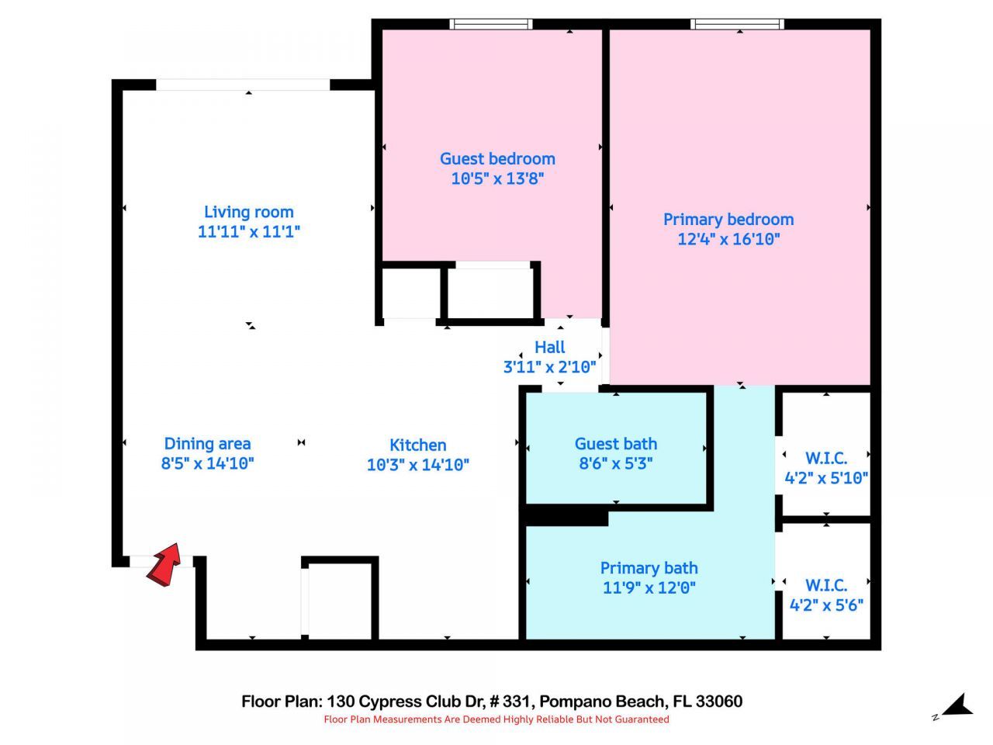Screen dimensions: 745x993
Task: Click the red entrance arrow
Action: (164, 565)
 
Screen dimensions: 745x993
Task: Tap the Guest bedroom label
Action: (497, 158)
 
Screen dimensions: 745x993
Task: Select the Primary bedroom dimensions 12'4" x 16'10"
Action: (728, 239)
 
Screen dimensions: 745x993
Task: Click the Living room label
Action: (248, 212)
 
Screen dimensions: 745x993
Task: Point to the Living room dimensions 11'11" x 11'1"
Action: (248, 231)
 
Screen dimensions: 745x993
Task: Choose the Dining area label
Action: (207, 444)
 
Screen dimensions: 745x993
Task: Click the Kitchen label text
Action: (417, 445)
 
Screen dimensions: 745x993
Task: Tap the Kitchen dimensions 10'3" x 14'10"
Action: (417, 465)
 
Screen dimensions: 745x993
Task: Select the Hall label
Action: (549, 347)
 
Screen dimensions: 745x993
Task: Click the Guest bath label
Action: (615, 444)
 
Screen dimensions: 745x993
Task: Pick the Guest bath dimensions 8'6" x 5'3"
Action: (615, 463)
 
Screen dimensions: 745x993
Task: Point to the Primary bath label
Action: (649, 568)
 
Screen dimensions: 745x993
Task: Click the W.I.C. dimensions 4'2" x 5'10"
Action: (825, 478)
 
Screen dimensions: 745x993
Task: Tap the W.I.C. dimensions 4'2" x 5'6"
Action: (825, 605)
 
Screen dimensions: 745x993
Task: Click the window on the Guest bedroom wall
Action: (491, 24)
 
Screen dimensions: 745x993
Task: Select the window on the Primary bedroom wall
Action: (737, 24)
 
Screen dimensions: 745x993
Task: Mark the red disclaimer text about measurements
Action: (496, 719)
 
